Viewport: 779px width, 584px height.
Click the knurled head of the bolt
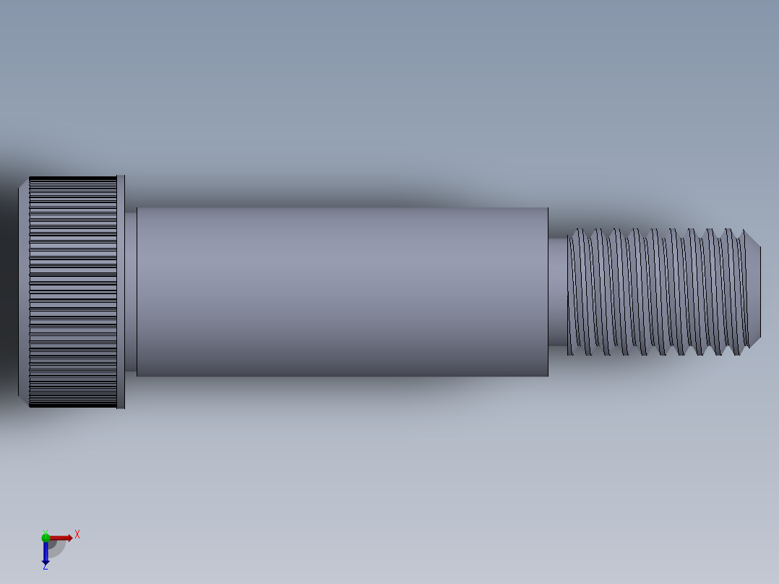[73, 291]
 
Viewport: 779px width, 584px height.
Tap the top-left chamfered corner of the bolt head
[24, 182]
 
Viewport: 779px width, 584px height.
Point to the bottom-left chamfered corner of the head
[24, 400]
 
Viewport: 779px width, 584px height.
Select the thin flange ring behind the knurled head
[121, 291]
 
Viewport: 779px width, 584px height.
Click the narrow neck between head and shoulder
[131, 291]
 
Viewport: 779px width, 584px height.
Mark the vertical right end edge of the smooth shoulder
[548, 291]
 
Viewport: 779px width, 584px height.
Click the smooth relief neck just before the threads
[557, 291]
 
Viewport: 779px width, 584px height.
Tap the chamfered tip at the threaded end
[754, 291]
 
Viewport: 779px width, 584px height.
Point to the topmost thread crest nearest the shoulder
[578, 231]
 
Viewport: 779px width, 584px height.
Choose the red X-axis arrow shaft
[58, 538]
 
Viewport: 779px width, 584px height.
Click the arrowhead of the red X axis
[69, 538]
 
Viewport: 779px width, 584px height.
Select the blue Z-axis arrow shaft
[46, 549]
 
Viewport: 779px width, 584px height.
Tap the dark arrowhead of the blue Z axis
[46, 561]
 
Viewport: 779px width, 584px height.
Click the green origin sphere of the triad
[46, 537]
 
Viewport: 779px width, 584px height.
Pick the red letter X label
[77, 535]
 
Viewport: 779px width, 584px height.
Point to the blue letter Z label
[46, 568]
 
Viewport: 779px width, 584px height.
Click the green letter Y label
[45, 531]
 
